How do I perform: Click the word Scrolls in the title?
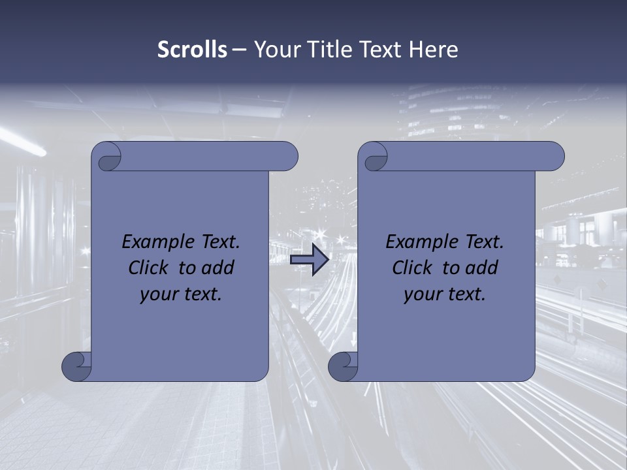[x=192, y=50]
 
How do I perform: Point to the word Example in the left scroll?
[x=159, y=242]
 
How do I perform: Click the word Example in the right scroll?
[x=423, y=242]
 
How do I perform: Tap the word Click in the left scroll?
[x=149, y=268]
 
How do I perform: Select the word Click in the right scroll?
[x=412, y=268]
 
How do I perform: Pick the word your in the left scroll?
[x=159, y=294]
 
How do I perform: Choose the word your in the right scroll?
[x=423, y=294]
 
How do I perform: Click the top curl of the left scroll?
[x=106, y=157]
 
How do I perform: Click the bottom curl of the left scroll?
[x=77, y=366]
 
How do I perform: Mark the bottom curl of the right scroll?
[x=343, y=366]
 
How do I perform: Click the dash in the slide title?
[x=238, y=50]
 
